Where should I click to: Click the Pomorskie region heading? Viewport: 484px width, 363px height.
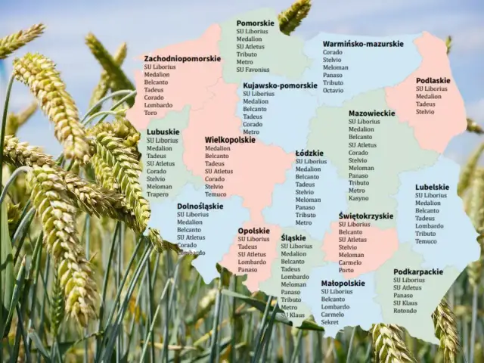pyautogui.click(x=255, y=23)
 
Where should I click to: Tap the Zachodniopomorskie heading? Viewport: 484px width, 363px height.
pyautogui.click(x=182, y=58)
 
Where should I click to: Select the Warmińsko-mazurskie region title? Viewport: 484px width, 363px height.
pyautogui.click(x=363, y=44)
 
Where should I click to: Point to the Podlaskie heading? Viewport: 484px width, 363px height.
pyautogui.click(x=433, y=80)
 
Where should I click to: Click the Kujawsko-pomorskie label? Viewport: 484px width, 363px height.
pyautogui.click(x=280, y=85)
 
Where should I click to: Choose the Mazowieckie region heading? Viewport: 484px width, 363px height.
pyautogui.click(x=371, y=113)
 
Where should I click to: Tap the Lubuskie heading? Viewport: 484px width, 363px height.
pyautogui.click(x=163, y=132)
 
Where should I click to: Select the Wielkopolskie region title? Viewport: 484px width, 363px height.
pyautogui.click(x=230, y=140)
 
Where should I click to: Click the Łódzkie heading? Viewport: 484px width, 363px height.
pyautogui.click(x=309, y=153)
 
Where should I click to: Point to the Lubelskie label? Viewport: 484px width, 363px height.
pyautogui.click(x=432, y=187)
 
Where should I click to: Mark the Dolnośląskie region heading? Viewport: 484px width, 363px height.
pyautogui.click(x=200, y=206)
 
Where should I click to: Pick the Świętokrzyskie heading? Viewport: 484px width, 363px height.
pyautogui.click(x=365, y=216)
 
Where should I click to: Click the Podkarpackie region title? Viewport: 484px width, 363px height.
pyautogui.click(x=418, y=271)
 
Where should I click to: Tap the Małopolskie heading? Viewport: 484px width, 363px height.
pyautogui.click(x=343, y=283)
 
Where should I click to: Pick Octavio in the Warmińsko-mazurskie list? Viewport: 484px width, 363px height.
pyautogui.click(x=333, y=90)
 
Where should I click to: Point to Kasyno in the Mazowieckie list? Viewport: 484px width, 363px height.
pyautogui.click(x=358, y=198)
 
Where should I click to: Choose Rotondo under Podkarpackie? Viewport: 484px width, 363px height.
pyautogui.click(x=405, y=310)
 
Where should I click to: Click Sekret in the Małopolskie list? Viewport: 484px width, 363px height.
pyautogui.click(x=330, y=322)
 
